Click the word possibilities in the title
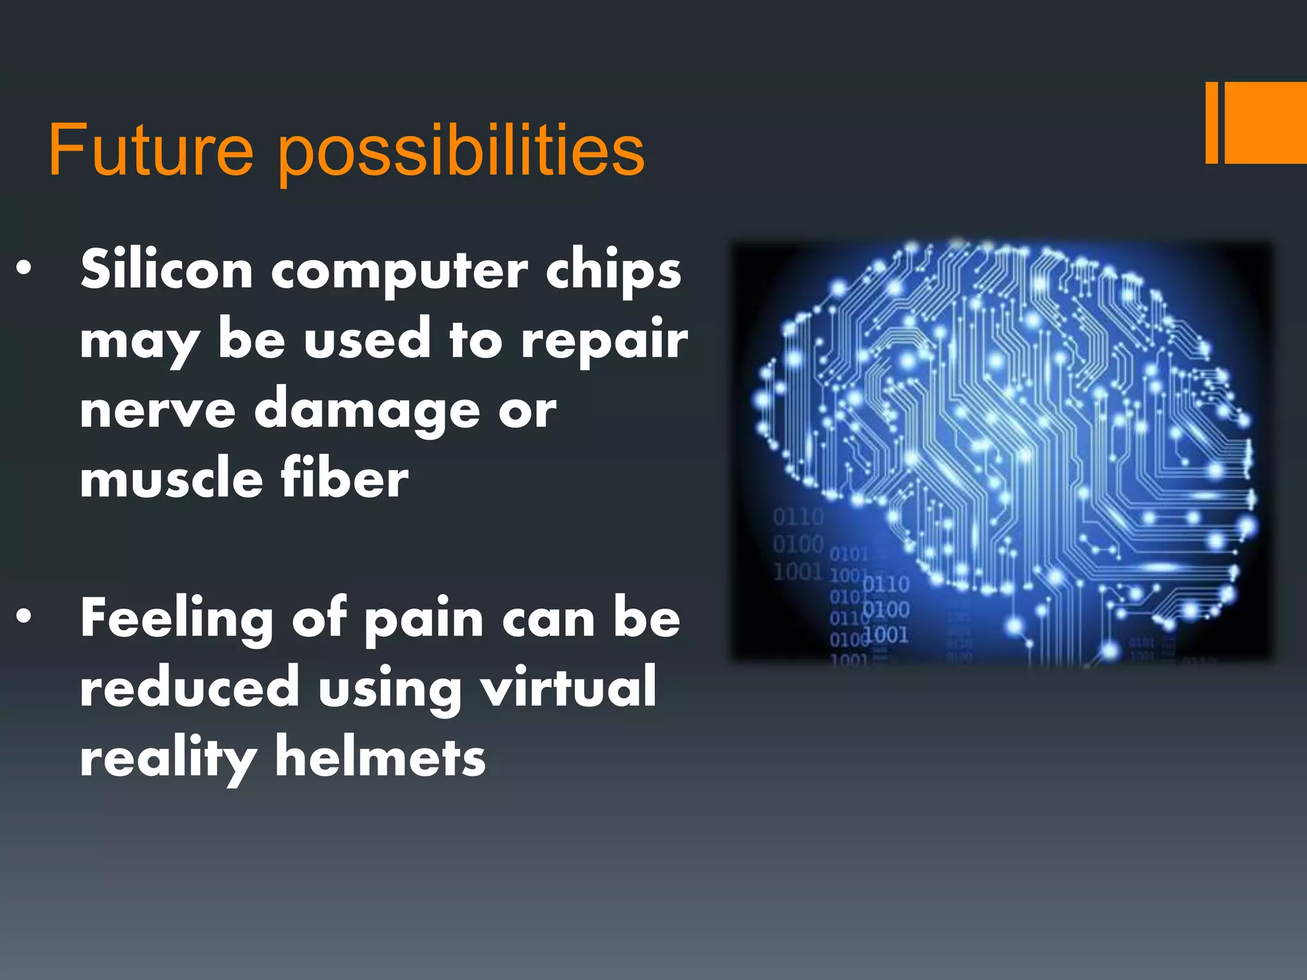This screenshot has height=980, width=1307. click(x=461, y=153)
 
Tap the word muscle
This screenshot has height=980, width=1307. click(x=171, y=480)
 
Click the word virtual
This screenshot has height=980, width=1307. click(x=568, y=688)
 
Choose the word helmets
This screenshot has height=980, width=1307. click(x=380, y=758)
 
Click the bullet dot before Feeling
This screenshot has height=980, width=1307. click(x=24, y=616)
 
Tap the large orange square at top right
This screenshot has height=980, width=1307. click(x=1266, y=122)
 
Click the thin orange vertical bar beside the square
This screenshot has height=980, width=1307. click(x=1211, y=122)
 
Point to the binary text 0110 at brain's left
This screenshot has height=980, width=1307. click(x=798, y=516)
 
